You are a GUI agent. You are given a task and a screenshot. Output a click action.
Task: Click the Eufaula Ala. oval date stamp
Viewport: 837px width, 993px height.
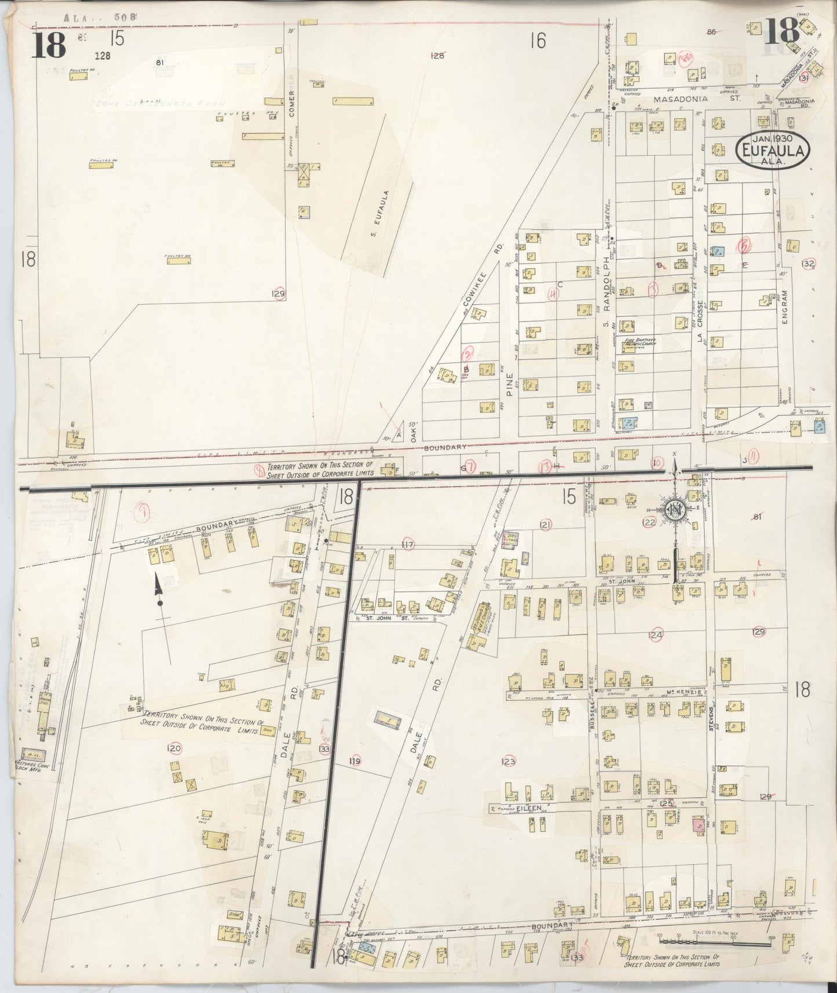pos(772,149)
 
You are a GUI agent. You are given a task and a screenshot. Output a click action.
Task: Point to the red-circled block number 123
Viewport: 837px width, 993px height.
pos(509,761)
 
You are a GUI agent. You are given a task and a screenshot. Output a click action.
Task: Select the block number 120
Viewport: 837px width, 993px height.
pos(174,749)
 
